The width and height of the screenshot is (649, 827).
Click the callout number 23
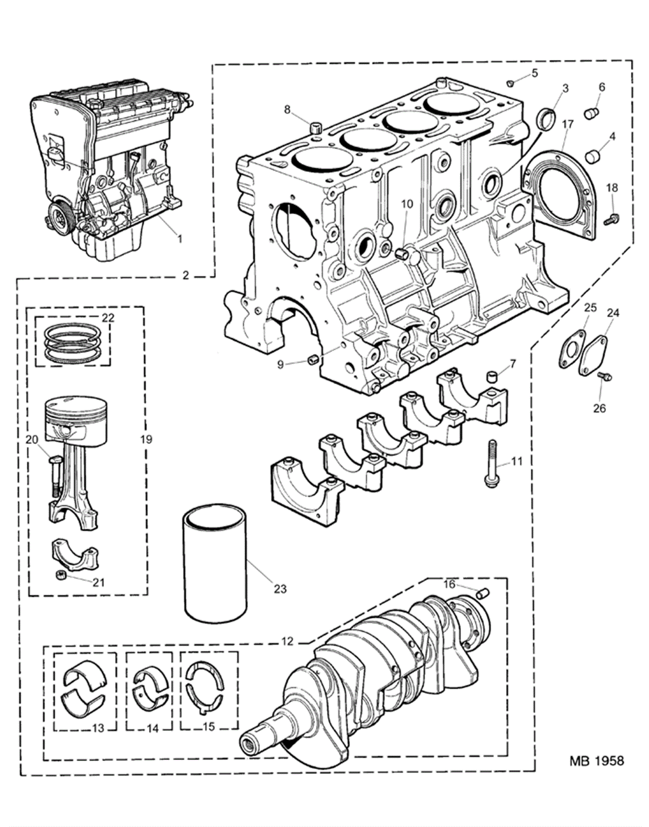coord(280,588)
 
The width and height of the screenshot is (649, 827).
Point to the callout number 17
coord(568,124)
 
